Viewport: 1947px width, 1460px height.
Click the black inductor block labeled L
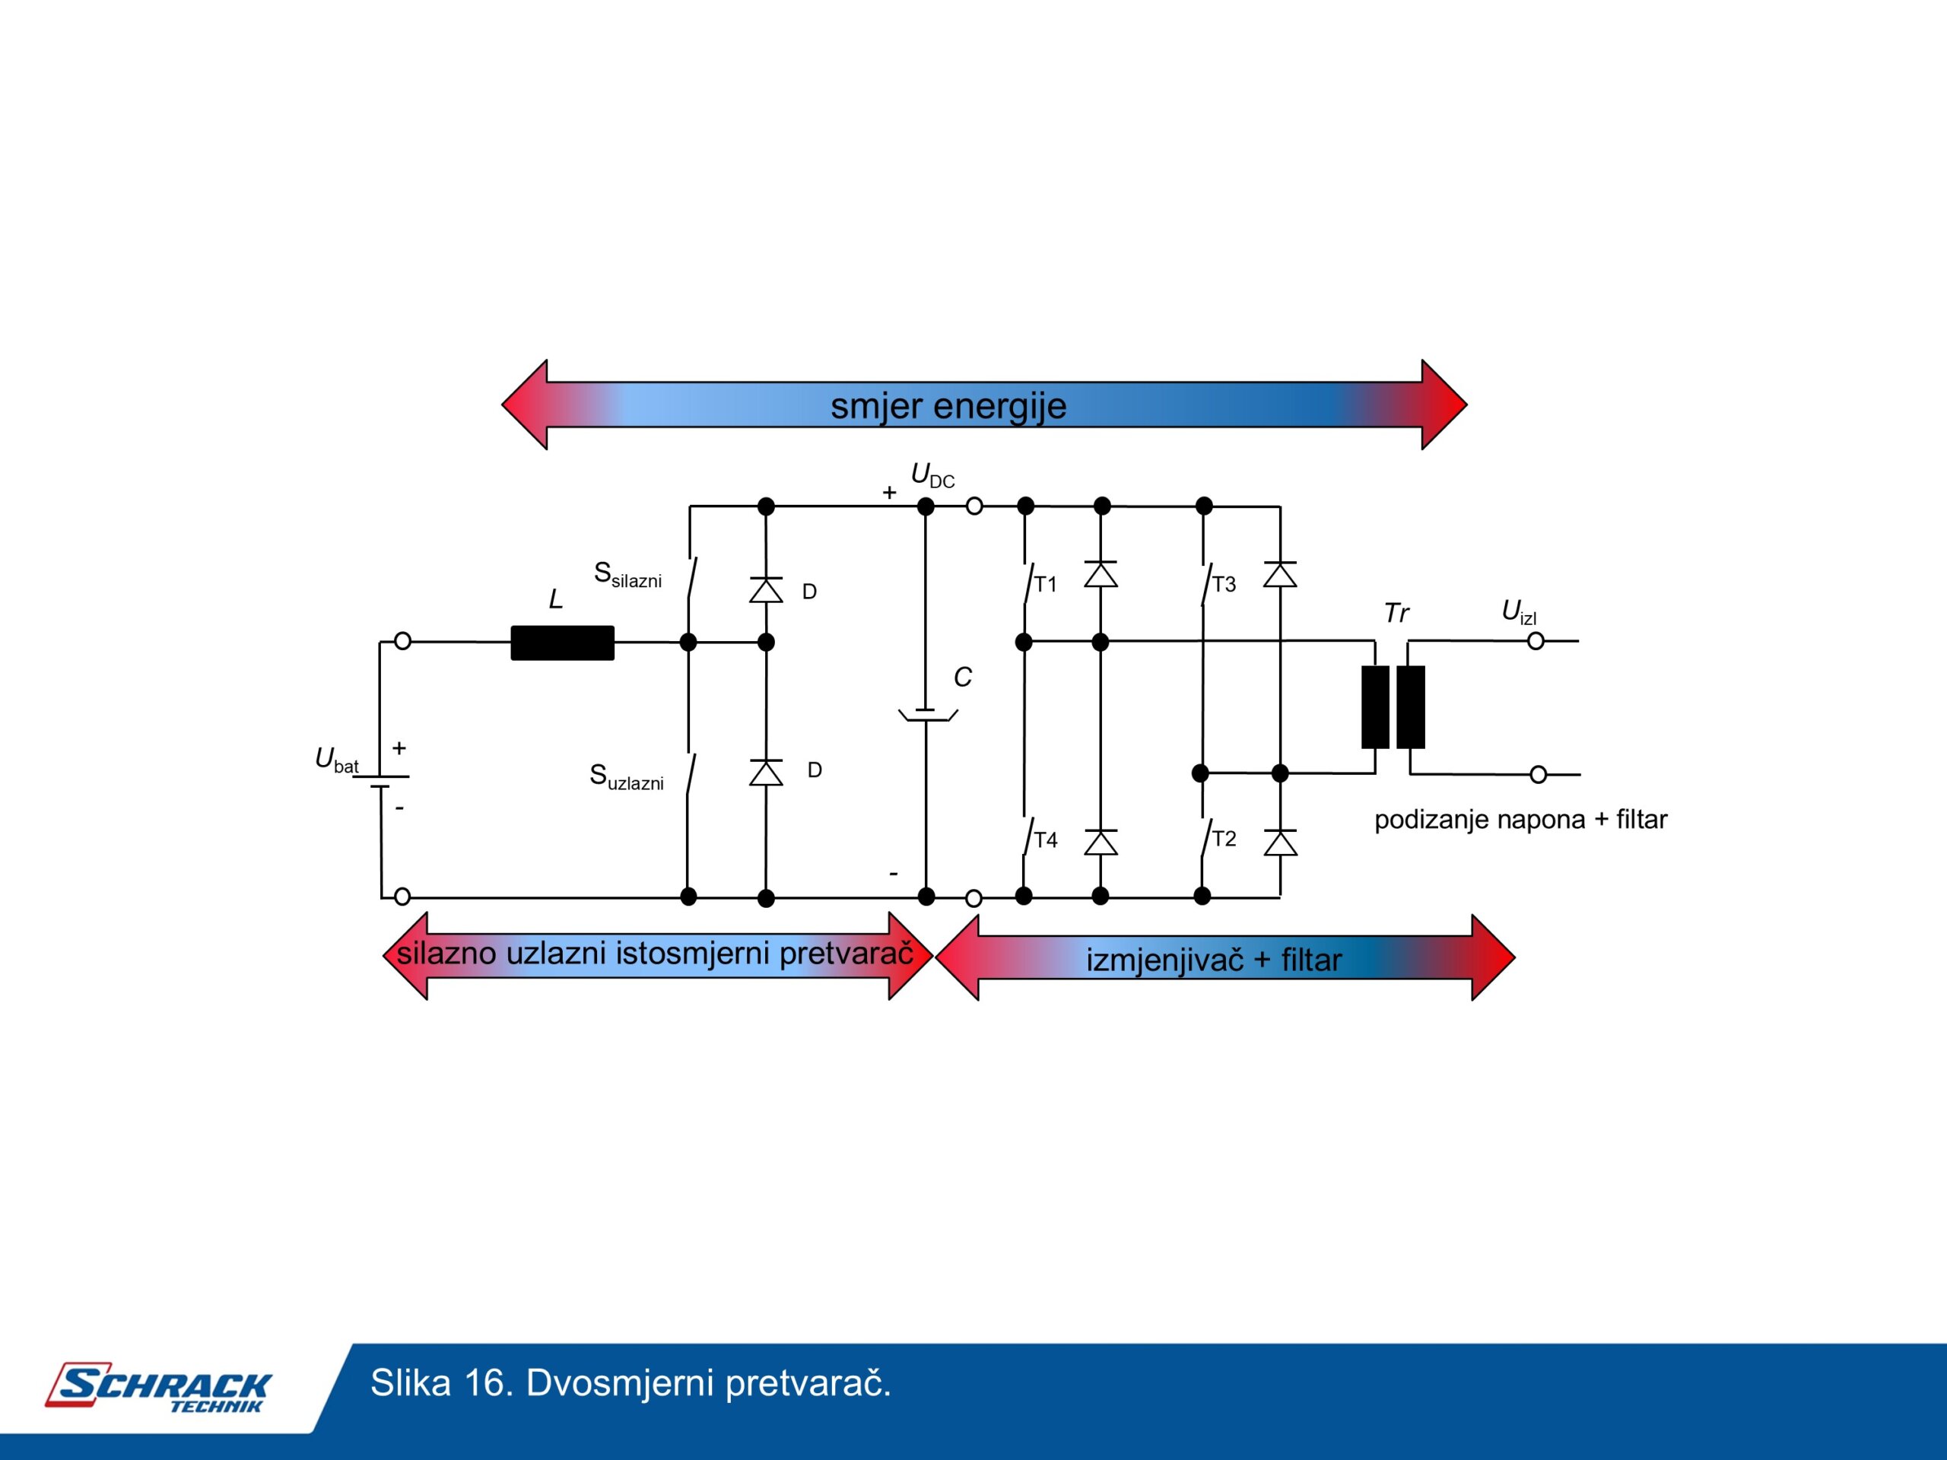pyautogui.click(x=563, y=643)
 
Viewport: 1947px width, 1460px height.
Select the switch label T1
pyautogui.click(x=1045, y=584)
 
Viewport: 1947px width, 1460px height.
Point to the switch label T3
pyautogui.click(x=1224, y=584)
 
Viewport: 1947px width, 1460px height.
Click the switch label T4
pyautogui.click(x=1045, y=840)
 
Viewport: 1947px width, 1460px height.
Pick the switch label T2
pyautogui.click(x=1224, y=839)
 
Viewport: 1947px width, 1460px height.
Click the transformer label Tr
pyautogui.click(x=1396, y=612)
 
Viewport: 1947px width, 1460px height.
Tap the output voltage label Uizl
pyautogui.click(x=1518, y=612)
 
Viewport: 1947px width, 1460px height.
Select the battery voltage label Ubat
pyautogui.click(x=336, y=760)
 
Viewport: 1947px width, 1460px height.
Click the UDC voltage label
pyautogui.click(x=932, y=476)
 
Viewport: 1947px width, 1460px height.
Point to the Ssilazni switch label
pyautogui.click(x=627, y=575)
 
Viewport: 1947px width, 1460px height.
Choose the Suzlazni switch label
pyautogui.click(x=626, y=777)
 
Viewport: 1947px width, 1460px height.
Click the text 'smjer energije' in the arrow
pyautogui.click(x=948, y=406)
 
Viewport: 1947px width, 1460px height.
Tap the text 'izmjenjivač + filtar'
pyautogui.click(x=1214, y=959)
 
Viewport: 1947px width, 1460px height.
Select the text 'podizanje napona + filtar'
pyautogui.click(x=1520, y=819)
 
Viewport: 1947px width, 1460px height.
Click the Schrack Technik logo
pyautogui.click(x=159, y=1388)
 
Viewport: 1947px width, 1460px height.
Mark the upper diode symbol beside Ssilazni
pyautogui.click(x=766, y=589)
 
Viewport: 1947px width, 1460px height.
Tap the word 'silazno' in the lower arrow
pyautogui.click(x=446, y=953)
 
